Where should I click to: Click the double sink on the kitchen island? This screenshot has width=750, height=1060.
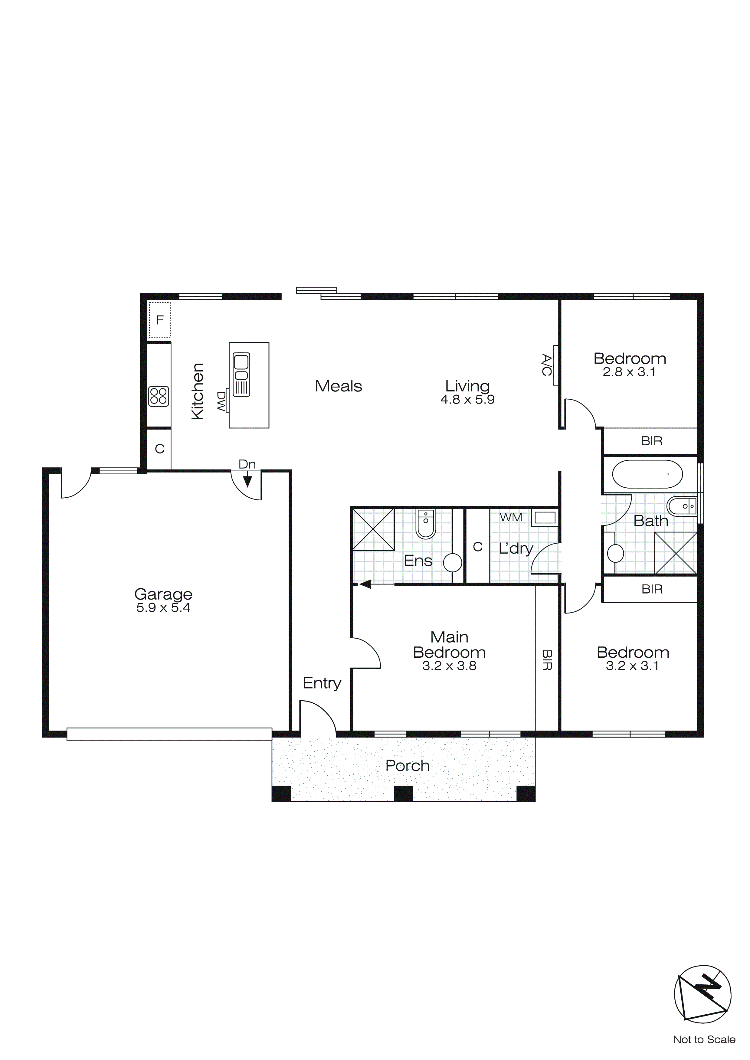(x=241, y=375)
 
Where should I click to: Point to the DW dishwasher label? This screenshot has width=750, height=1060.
(x=221, y=402)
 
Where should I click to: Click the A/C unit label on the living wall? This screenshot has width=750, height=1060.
(x=546, y=365)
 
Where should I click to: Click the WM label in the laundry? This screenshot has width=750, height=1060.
(x=511, y=518)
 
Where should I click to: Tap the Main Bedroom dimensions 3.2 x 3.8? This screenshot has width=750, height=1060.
(x=449, y=666)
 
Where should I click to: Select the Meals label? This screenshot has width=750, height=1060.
(x=339, y=386)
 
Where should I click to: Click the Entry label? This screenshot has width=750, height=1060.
(x=322, y=683)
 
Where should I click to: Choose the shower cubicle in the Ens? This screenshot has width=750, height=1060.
(x=373, y=529)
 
